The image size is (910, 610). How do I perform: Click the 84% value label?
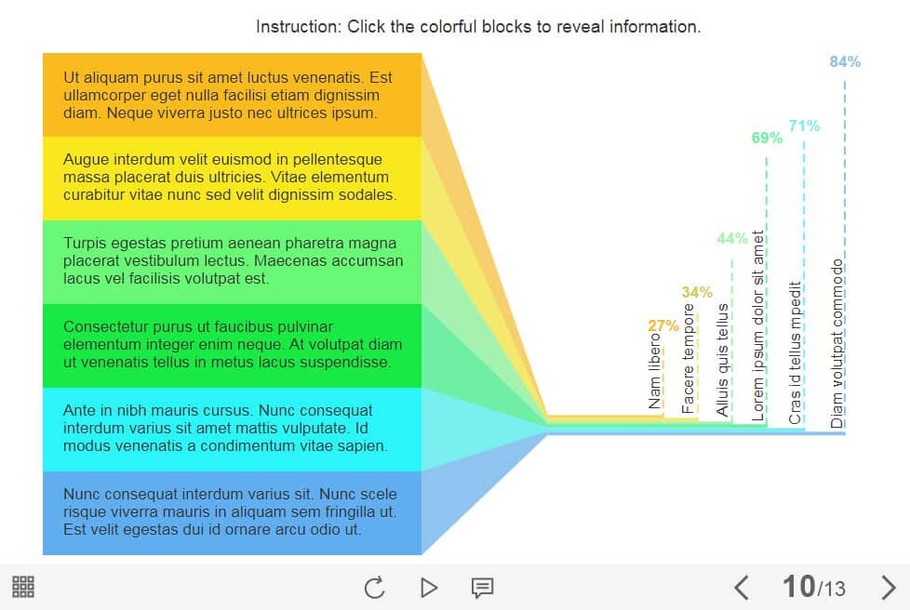click(845, 62)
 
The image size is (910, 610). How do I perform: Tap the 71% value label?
click(804, 126)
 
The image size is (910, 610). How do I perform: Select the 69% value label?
click(767, 138)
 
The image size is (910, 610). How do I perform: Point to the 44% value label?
click(732, 238)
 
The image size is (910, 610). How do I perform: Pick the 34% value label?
click(697, 292)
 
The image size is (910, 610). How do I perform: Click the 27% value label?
click(663, 325)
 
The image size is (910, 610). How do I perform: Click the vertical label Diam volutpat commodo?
click(837, 341)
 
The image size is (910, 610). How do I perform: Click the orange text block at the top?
click(232, 95)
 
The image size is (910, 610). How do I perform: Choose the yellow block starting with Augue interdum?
click(232, 178)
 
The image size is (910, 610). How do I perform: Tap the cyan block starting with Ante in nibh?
click(232, 429)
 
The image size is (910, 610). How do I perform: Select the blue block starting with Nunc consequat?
click(232, 512)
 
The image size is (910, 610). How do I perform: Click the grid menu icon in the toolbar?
click(23, 587)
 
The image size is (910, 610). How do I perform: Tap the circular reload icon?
click(374, 587)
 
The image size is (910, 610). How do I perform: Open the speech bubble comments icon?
click(482, 587)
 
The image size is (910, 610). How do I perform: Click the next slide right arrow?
click(888, 587)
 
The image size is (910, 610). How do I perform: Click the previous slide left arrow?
click(742, 587)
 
